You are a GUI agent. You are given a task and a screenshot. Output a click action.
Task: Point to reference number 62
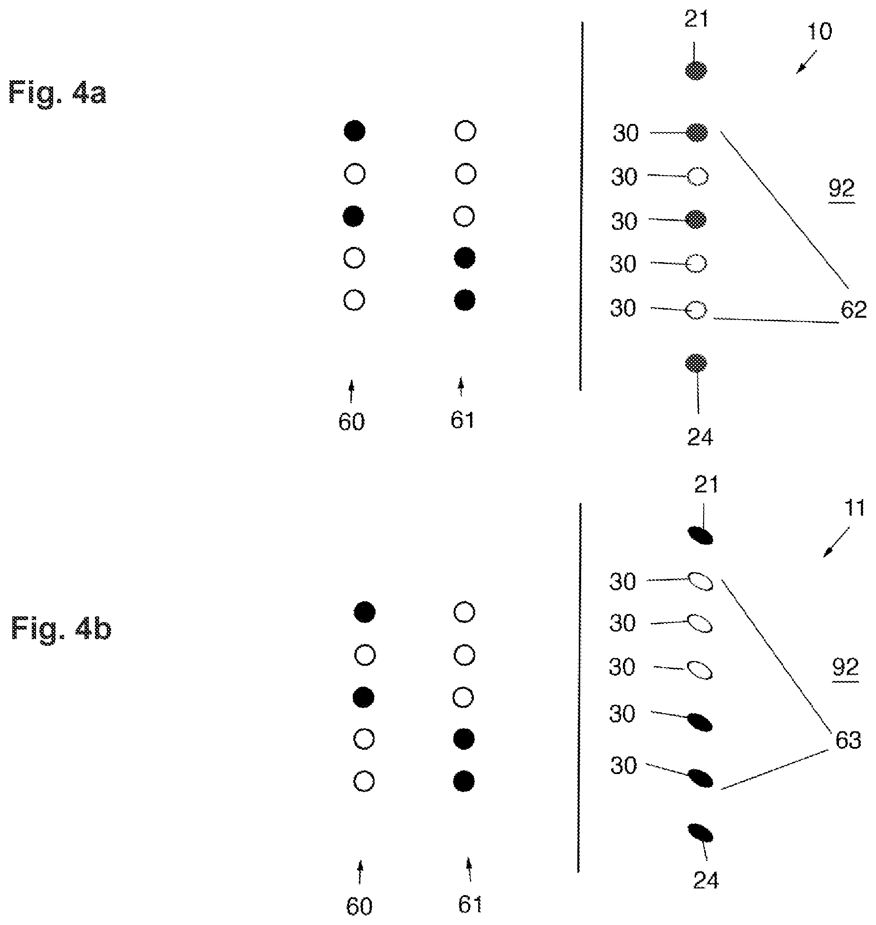853,310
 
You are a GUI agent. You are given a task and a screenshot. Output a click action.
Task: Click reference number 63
848,740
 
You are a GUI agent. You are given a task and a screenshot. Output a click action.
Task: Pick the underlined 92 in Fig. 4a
842,190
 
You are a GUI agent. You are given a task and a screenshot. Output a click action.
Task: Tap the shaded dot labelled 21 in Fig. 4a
696,71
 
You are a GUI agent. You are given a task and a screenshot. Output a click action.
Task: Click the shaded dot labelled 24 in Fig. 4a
696,364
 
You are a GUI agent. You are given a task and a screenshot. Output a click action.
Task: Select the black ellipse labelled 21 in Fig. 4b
701,536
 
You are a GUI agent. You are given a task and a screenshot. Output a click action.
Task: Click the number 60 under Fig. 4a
351,422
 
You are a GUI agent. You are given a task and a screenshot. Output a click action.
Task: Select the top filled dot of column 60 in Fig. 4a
354,131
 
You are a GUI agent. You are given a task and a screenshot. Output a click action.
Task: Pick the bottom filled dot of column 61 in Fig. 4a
465,300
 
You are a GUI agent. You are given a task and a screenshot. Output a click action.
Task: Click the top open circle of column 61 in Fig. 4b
464,613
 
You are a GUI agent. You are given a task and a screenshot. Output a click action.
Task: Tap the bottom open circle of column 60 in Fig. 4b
365,782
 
